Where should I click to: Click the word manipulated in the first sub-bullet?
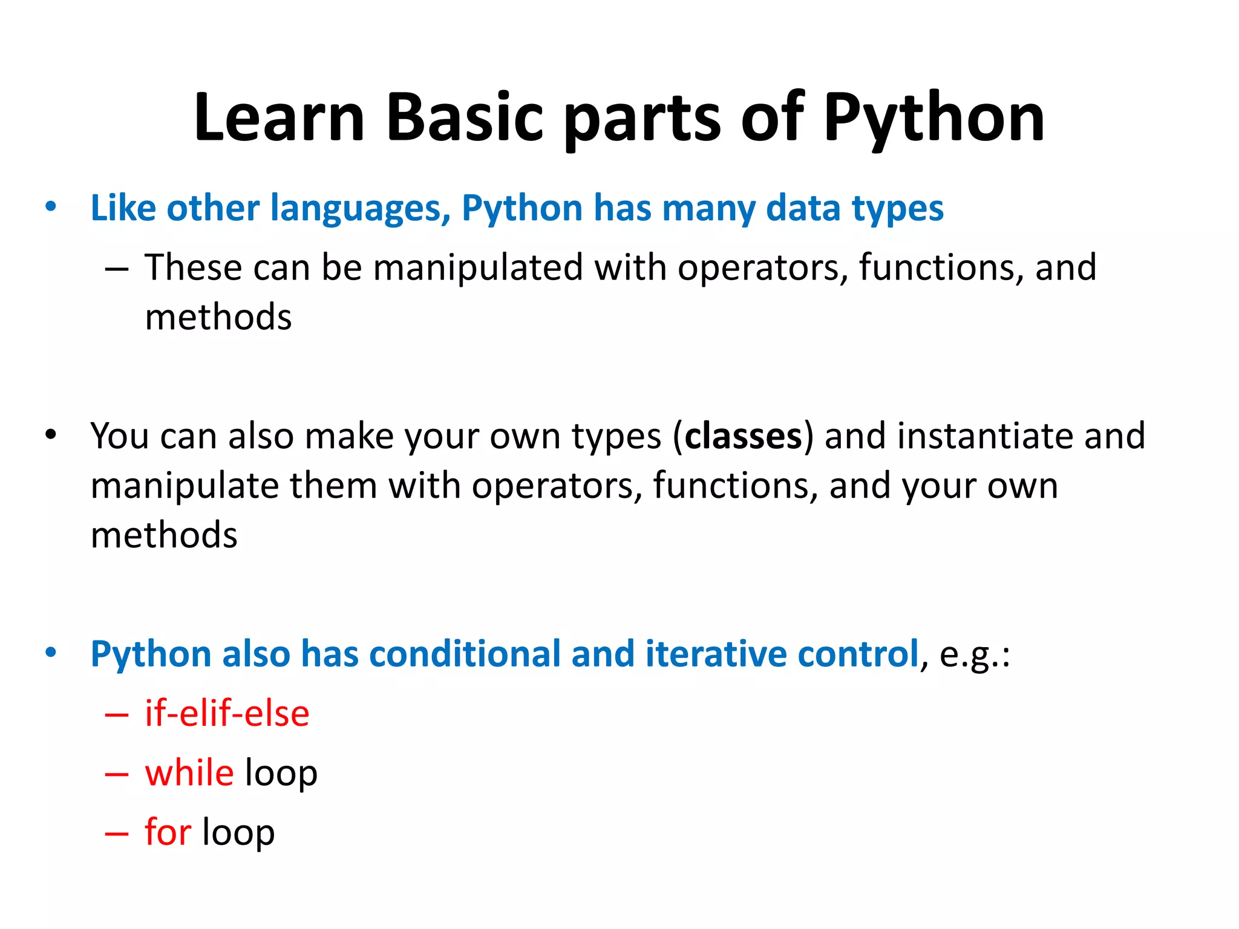pos(478,267)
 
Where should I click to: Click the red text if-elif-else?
pos(227,714)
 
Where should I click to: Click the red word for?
pos(168,832)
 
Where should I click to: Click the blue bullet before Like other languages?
pos(51,207)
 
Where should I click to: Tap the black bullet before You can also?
pos(51,434)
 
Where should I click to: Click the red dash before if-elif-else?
pos(117,715)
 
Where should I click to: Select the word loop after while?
pos(281,774)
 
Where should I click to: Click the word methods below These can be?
pos(218,317)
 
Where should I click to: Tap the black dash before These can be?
pos(117,269)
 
